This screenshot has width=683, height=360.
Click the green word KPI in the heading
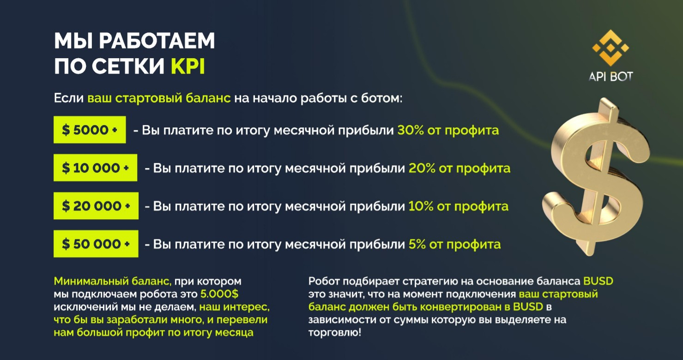[x=188, y=66]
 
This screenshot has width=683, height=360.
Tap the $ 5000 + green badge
[x=90, y=130]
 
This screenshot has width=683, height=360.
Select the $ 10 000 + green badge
[x=95, y=168]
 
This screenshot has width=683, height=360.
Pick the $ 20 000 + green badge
[x=96, y=206]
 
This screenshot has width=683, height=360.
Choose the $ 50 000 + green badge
[x=96, y=244]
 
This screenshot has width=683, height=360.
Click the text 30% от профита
[x=448, y=130]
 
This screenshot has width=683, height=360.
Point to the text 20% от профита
[x=459, y=168]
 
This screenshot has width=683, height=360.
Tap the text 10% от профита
[x=458, y=206]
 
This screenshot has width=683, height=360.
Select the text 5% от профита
[x=454, y=244]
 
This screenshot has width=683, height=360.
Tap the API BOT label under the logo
[x=610, y=77]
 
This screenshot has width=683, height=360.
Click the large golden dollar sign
[x=593, y=178]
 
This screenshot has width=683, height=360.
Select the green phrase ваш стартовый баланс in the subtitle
[x=159, y=98]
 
